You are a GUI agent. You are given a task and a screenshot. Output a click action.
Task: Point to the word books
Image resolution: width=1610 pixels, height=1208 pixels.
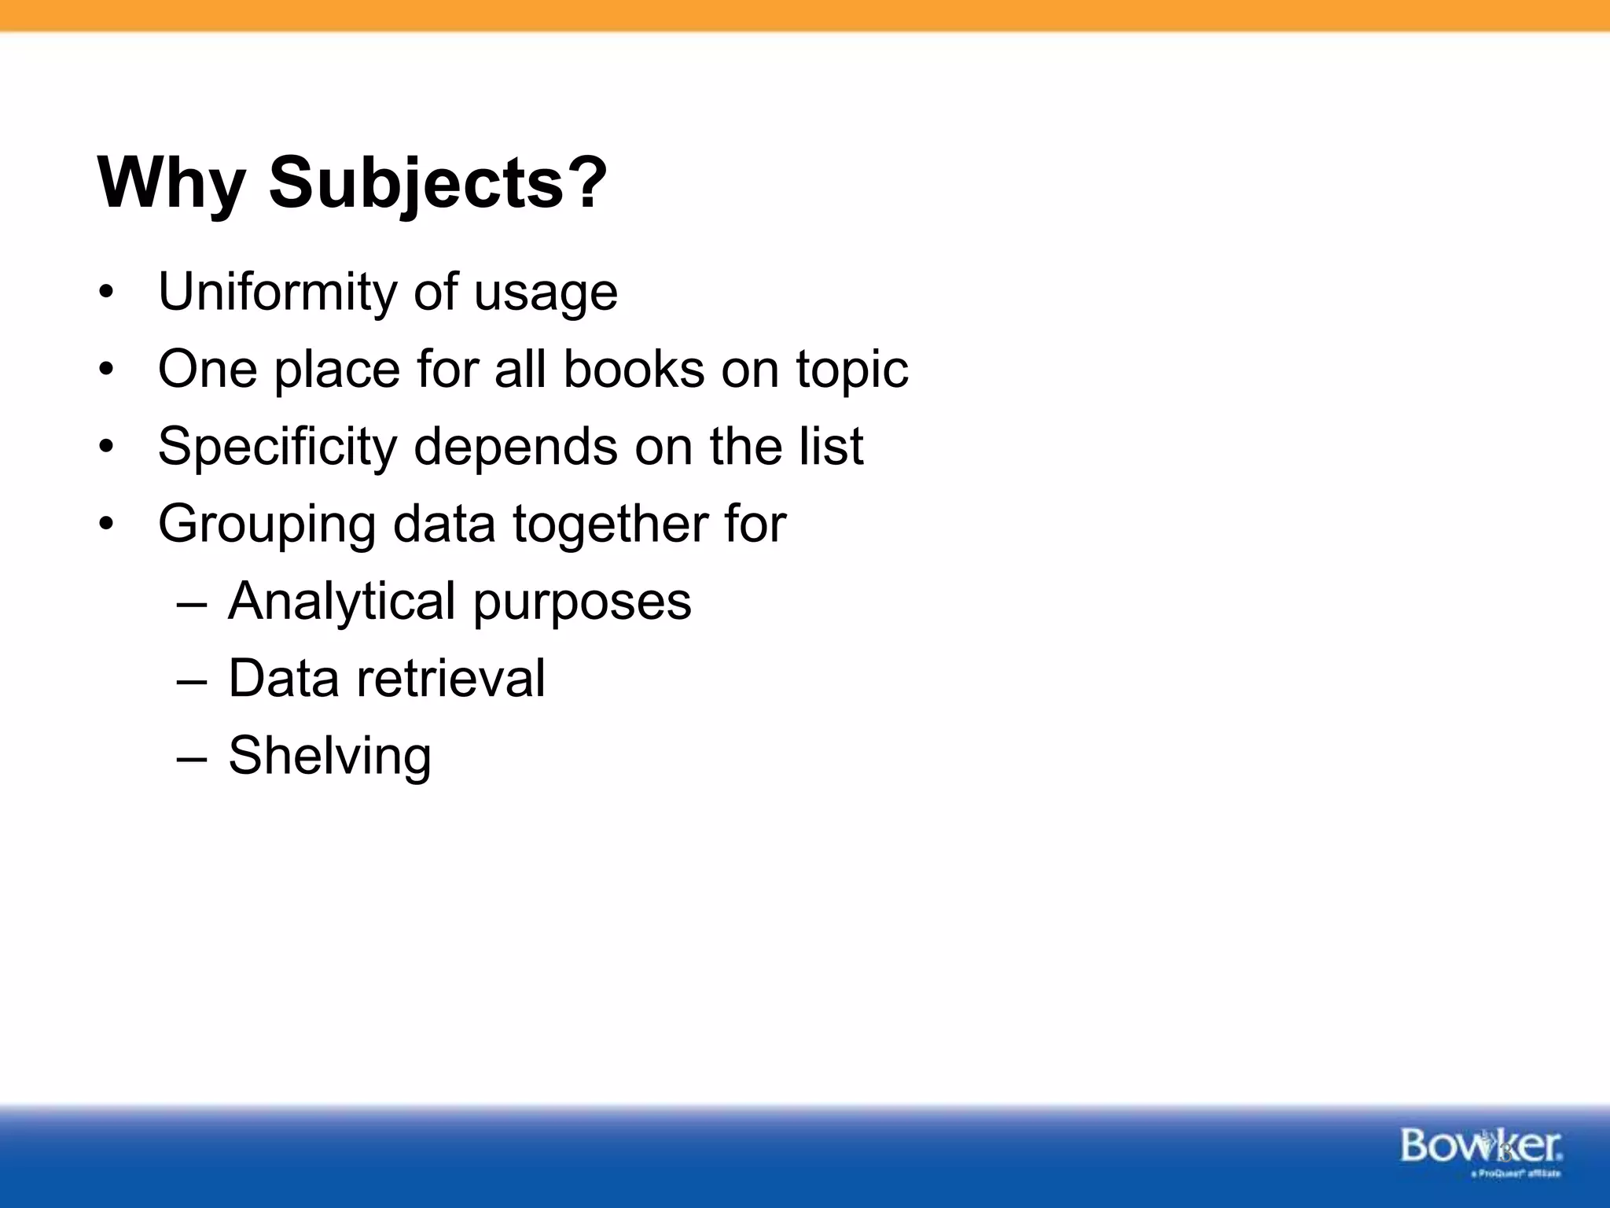click(x=634, y=369)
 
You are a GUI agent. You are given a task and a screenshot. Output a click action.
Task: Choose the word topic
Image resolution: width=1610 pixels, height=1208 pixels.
click(x=852, y=369)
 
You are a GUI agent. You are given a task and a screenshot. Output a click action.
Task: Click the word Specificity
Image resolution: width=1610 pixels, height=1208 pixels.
click(x=278, y=446)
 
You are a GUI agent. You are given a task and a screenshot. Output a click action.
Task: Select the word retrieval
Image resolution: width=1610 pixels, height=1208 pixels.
click(x=450, y=678)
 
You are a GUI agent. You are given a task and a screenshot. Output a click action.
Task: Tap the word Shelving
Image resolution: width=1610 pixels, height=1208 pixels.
click(x=329, y=756)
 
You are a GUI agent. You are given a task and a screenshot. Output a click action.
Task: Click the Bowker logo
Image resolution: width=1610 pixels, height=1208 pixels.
click(x=1480, y=1149)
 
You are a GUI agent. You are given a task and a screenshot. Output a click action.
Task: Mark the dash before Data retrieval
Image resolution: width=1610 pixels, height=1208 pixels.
click(x=192, y=679)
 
